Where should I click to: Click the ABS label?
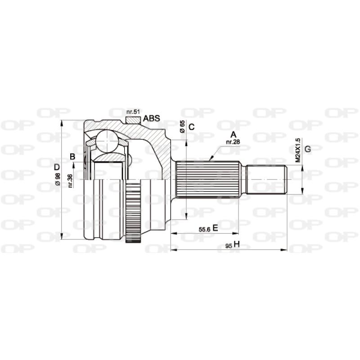(152, 119)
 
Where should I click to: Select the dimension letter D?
(57, 167)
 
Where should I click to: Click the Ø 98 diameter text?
(58, 179)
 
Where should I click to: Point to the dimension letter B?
(72, 157)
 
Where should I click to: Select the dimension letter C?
(191, 127)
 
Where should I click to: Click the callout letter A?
(233, 134)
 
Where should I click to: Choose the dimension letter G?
(308, 149)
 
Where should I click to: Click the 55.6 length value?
(205, 229)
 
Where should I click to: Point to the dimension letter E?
(215, 228)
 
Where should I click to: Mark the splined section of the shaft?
(207, 180)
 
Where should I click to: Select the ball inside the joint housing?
(108, 140)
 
